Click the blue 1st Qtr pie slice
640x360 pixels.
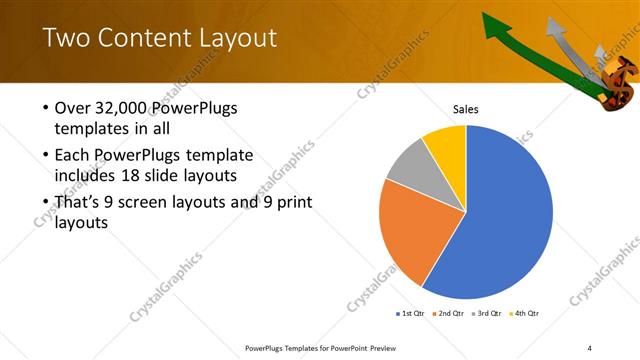(x=510, y=220)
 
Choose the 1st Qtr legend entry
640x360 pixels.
(x=411, y=314)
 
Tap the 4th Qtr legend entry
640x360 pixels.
(x=525, y=314)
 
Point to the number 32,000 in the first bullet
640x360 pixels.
(x=119, y=109)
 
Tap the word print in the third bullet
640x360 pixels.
(x=292, y=203)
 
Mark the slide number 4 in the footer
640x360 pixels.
(x=589, y=347)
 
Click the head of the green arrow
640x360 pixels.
(x=493, y=21)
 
